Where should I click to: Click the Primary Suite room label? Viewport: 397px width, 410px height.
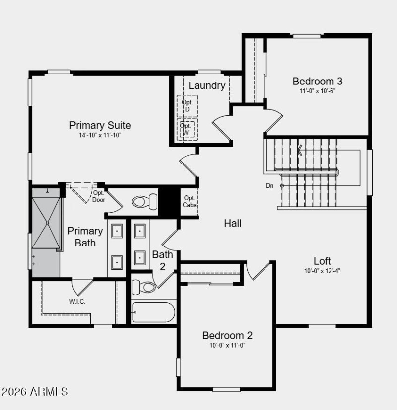[x=100, y=125]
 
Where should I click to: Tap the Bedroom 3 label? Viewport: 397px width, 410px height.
[x=317, y=81]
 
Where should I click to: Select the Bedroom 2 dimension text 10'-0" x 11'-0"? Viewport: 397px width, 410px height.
[x=228, y=345]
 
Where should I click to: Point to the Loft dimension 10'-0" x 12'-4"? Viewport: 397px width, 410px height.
[x=322, y=271]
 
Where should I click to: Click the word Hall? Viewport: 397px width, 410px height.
[x=232, y=224]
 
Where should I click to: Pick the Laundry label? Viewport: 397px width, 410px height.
[x=206, y=85]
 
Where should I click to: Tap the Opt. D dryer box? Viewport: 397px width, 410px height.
[x=187, y=105]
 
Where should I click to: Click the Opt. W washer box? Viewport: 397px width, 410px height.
[x=187, y=129]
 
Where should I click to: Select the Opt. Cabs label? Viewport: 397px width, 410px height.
[x=189, y=201]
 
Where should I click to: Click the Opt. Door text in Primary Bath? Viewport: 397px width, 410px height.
[x=99, y=196]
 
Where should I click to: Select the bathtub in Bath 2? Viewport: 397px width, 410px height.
[x=153, y=312]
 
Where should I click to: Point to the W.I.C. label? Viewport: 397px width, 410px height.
[x=77, y=301]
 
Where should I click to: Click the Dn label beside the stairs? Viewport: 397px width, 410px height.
[x=269, y=186]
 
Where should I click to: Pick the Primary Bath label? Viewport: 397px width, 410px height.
[x=85, y=237]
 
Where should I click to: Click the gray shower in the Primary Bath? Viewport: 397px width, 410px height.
[x=46, y=223]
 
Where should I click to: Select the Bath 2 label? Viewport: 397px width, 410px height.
[x=163, y=260]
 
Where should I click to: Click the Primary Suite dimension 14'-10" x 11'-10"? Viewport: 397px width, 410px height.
[x=100, y=135]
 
